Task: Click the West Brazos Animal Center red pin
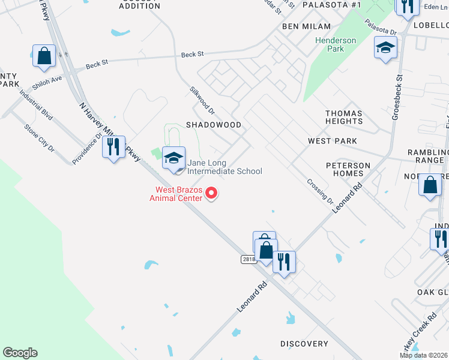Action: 211,193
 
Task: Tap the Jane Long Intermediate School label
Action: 224,167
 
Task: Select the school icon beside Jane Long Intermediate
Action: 173,158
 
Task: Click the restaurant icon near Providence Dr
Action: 113,146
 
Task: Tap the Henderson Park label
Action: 336,44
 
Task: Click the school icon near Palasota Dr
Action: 385,47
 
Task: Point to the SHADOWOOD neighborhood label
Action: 213,125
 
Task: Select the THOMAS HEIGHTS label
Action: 344,117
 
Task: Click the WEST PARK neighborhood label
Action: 332,141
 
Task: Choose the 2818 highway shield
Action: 249,259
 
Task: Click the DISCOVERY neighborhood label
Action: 304,344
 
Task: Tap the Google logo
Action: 20,353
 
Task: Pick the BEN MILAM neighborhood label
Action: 307,26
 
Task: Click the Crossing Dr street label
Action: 319,191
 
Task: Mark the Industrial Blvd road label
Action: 35,103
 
